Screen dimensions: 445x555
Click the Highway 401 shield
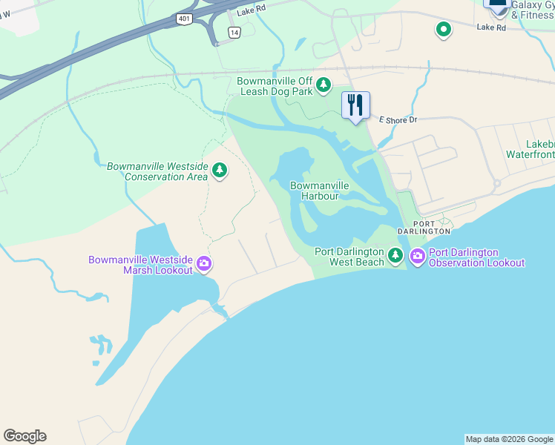pyautogui.click(x=183, y=19)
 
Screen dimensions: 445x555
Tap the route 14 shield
pyautogui.click(x=234, y=33)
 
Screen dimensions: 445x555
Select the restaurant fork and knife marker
pyautogui.click(x=356, y=105)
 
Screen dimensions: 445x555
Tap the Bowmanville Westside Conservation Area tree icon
pyautogui.click(x=220, y=171)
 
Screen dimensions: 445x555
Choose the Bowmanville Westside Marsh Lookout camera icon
pyautogui.click(x=204, y=263)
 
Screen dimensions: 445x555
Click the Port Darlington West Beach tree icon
pyautogui.click(x=395, y=257)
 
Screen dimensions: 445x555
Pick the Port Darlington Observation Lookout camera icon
pyautogui.click(x=417, y=257)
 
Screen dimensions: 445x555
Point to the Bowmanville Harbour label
pyautogui.click(x=315, y=191)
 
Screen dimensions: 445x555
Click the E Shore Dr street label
pyautogui.click(x=399, y=119)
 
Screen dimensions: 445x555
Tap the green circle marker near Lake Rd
pyautogui.click(x=444, y=30)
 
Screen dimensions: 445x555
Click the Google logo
pyautogui.click(x=24, y=436)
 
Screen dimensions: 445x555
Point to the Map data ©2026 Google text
pyautogui.click(x=509, y=439)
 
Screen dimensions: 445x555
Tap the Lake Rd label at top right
pyautogui.click(x=491, y=27)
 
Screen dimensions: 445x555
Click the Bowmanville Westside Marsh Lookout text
pyautogui.click(x=140, y=265)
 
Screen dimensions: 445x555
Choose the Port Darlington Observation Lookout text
pyautogui.click(x=476, y=257)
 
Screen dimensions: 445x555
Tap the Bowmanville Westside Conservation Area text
pyautogui.click(x=158, y=171)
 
